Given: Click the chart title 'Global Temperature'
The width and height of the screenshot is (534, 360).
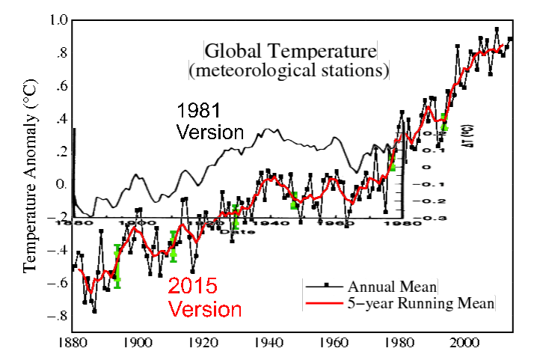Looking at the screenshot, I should click(292, 52).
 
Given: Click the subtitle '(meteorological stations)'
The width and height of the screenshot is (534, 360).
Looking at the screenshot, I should click(292, 72).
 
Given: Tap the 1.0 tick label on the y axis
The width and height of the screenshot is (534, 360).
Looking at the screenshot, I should click(60, 20).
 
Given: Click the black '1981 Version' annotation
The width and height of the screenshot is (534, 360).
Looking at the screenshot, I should click(210, 122).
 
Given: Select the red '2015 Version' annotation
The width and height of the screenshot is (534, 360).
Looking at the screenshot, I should click(204, 297).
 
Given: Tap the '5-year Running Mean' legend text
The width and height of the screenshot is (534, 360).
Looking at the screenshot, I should click(424, 304).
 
